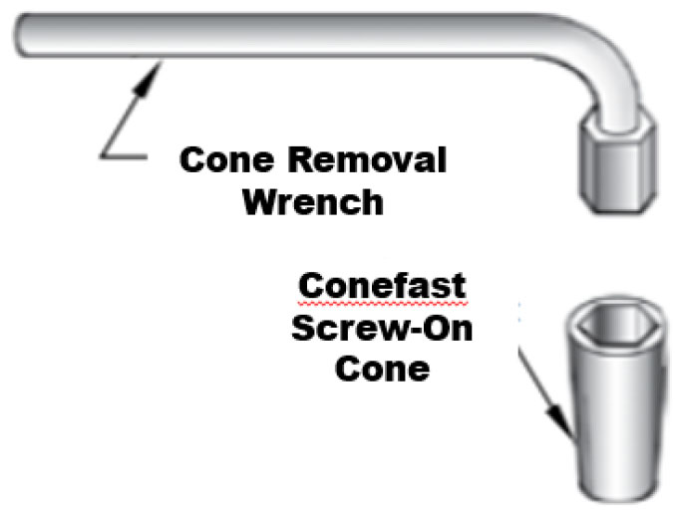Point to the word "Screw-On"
[382, 328]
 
